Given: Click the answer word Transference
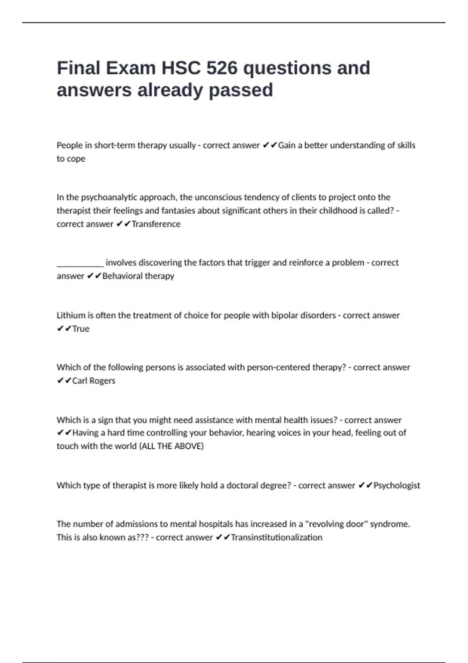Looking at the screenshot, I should (156, 224).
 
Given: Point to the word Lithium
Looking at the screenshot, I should (71, 315).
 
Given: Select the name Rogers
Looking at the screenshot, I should (102, 381).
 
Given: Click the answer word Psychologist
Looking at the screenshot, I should (397, 486).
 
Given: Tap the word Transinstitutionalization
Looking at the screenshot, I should (277, 537).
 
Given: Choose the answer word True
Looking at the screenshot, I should (81, 329).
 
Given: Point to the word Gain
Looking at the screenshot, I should (287, 145).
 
